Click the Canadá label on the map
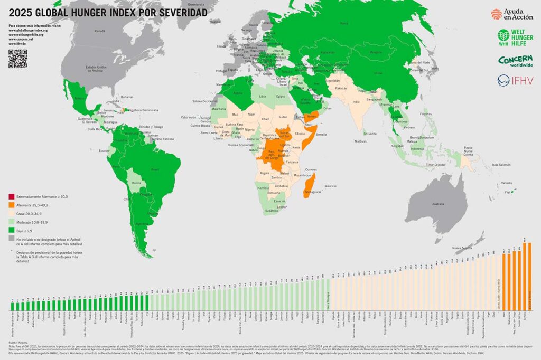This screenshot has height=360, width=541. click(100, 32)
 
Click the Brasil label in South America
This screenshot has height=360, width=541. click(155, 169)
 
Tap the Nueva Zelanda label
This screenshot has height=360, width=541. click(462, 247)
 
